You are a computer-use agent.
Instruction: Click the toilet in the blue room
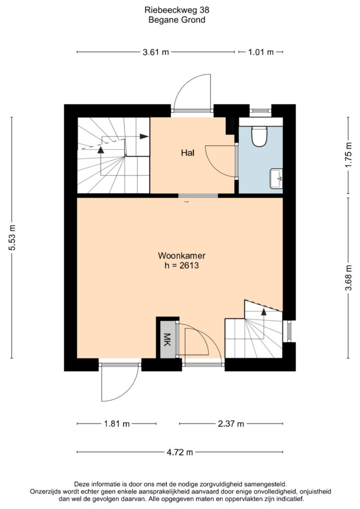pyautogui.click(x=260, y=136)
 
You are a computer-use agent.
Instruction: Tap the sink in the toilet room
pyautogui.click(x=277, y=178)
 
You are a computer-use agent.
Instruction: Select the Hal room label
pyautogui.click(x=187, y=153)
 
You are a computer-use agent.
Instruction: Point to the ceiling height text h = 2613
pyautogui.click(x=181, y=265)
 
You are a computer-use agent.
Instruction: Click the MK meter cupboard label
pyautogui.click(x=167, y=339)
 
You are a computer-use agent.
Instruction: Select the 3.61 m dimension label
pyautogui.click(x=156, y=52)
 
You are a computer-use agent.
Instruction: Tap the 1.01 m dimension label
pyautogui.click(x=261, y=52)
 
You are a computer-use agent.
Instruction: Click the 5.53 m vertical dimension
pyautogui.click(x=12, y=238)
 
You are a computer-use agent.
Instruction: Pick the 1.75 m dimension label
pyautogui.click(x=348, y=155)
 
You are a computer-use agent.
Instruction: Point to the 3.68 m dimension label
pyautogui.click(x=348, y=278)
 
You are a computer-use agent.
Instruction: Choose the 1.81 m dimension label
pyautogui.click(x=117, y=424)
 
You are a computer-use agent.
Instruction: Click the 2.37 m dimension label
pyautogui.click(x=231, y=424)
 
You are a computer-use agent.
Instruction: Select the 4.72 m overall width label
pyautogui.click(x=180, y=452)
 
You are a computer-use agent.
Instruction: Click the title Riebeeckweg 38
pyautogui.click(x=177, y=10)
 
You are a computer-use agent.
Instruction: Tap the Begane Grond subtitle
pyautogui.click(x=177, y=20)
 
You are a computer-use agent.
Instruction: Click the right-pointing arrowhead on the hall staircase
pyautogui.click(x=144, y=136)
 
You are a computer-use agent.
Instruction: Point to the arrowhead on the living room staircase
pyautogui.click(x=264, y=312)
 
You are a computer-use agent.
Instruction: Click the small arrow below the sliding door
pyautogui.click(x=186, y=202)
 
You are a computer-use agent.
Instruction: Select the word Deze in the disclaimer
pyautogui.click(x=82, y=484)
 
